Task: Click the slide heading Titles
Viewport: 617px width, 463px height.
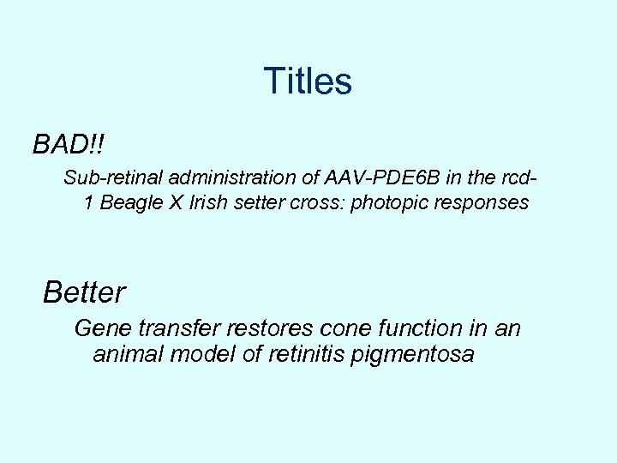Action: click(x=308, y=81)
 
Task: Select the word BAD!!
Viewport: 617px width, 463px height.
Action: click(x=69, y=144)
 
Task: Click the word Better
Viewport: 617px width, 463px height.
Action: click(x=84, y=292)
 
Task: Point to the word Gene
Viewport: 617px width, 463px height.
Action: click(x=100, y=328)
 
